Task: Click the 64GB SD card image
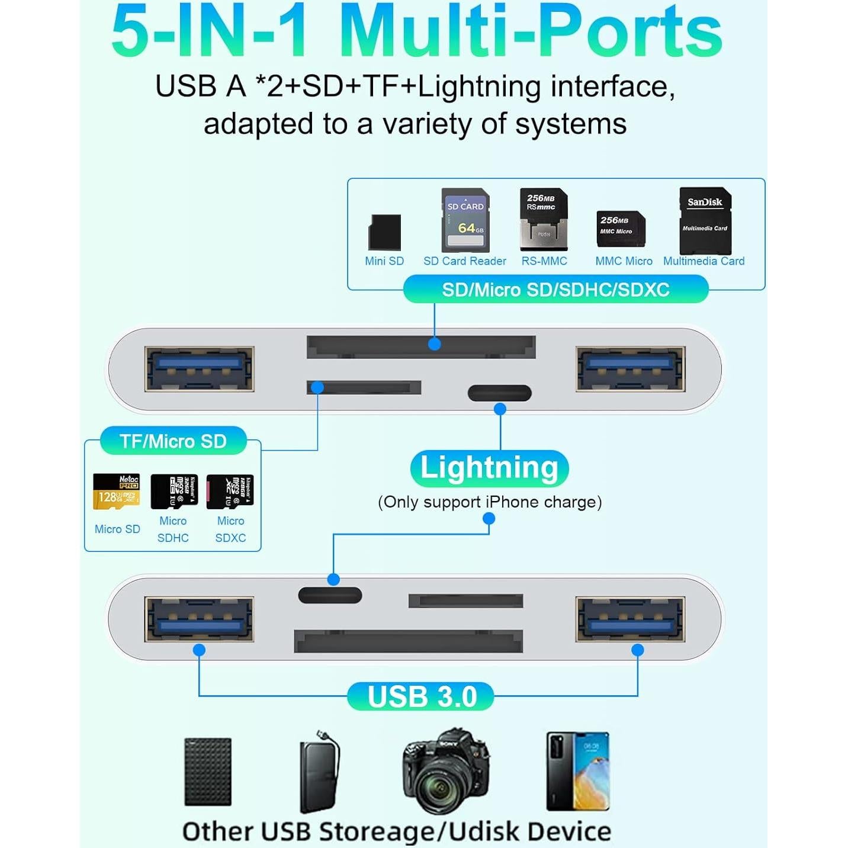[465, 220]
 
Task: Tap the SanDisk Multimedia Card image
[705, 220]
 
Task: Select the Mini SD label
[384, 261]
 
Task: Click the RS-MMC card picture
[544, 219]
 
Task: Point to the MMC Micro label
[624, 261]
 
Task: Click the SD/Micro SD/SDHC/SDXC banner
[555, 290]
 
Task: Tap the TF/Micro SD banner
[173, 441]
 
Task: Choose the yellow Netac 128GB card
[117, 492]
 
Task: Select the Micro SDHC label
[173, 529]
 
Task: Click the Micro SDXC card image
[230, 492]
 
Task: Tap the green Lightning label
[489, 468]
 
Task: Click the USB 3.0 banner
[422, 696]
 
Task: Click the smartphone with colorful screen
[577, 771]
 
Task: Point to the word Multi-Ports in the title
[530, 33]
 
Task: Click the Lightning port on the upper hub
[499, 393]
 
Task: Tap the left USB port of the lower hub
[199, 619]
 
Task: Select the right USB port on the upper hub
[631, 369]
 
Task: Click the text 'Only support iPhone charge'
[490, 502]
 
